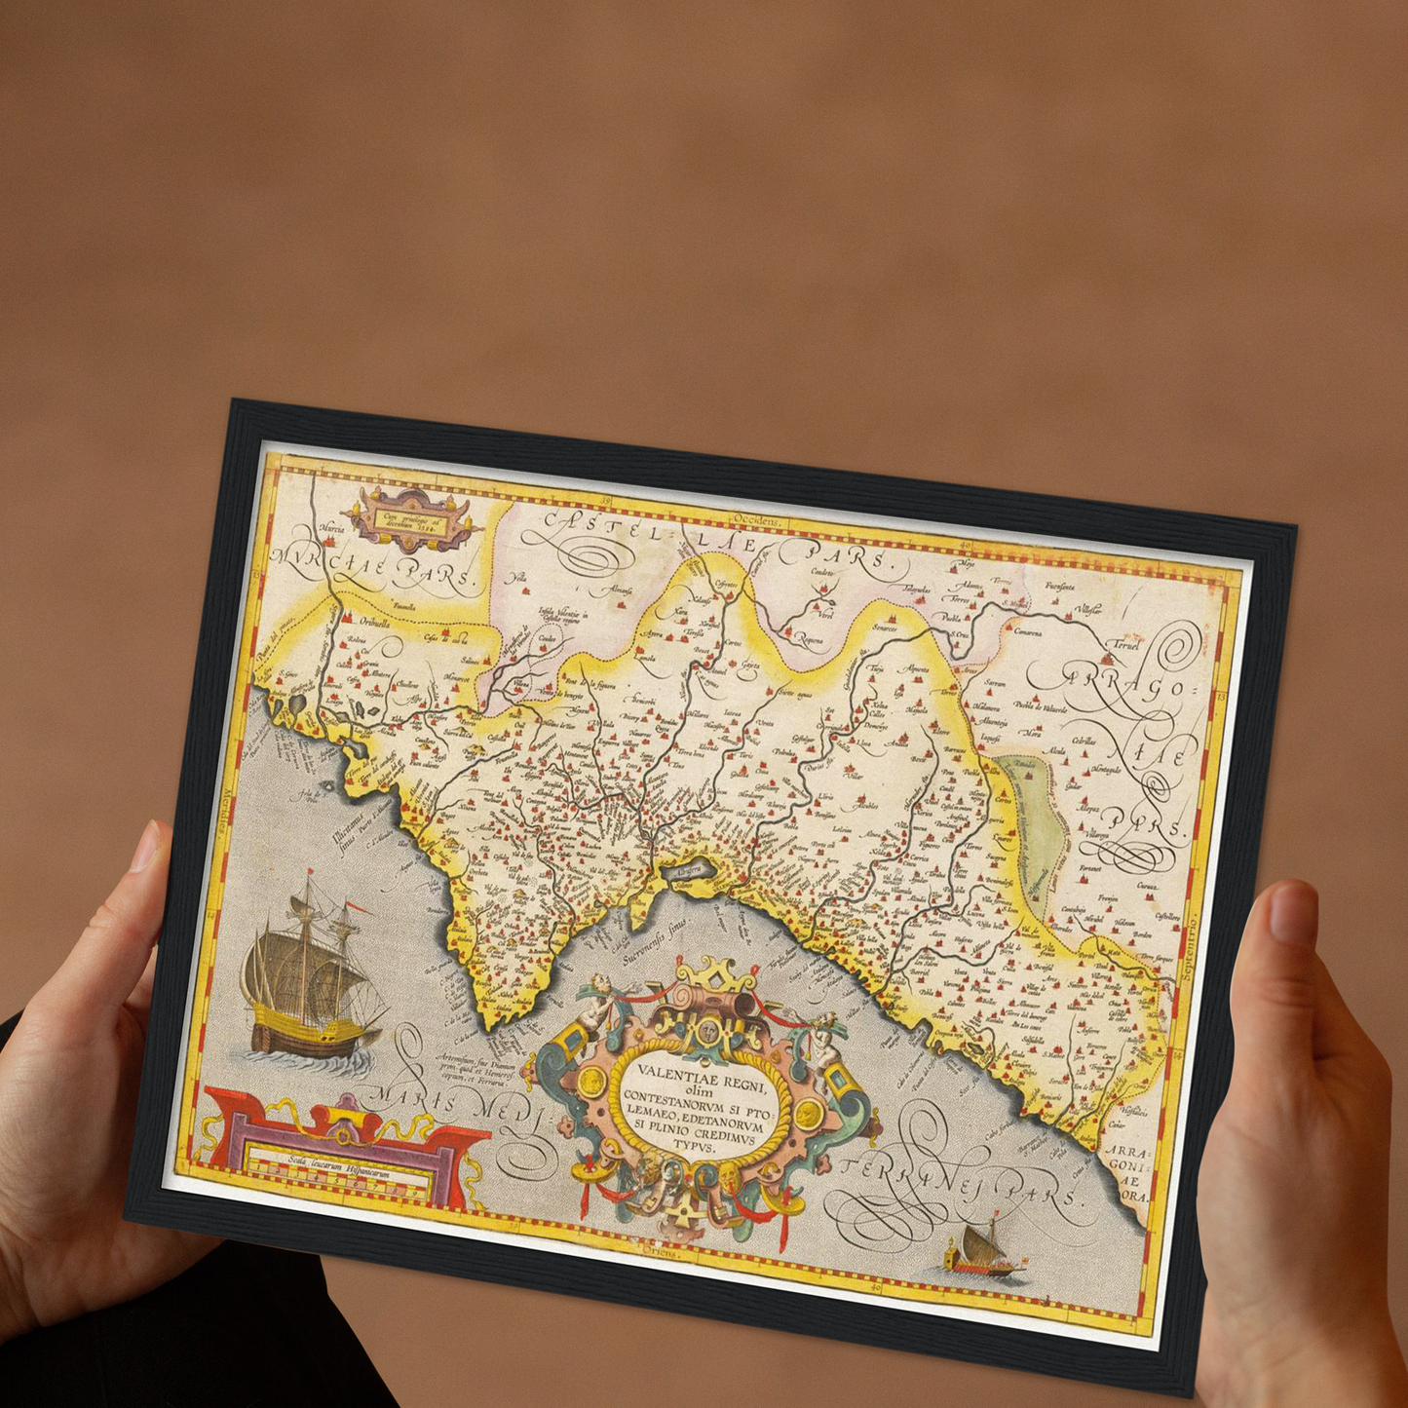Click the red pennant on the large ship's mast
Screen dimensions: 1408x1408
coord(358,907)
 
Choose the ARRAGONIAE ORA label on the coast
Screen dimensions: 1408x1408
coord(1129,1173)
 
